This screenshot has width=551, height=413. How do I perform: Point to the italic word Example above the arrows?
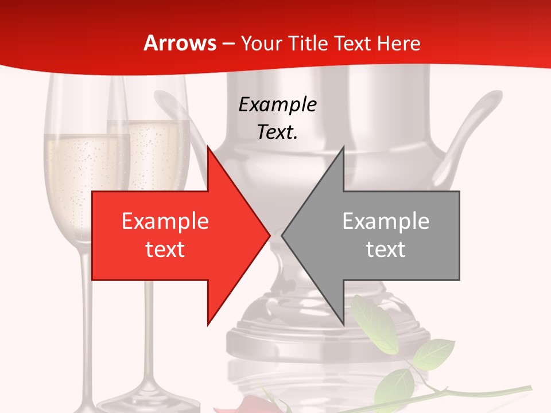point(277,105)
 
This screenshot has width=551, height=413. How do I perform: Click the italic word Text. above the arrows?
point(277,133)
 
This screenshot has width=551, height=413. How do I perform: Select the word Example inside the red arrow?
point(165,221)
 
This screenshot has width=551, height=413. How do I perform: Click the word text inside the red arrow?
point(165,250)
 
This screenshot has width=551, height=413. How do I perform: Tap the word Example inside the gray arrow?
point(386,221)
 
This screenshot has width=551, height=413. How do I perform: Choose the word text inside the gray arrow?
point(386,250)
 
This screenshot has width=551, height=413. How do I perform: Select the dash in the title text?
point(228,44)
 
